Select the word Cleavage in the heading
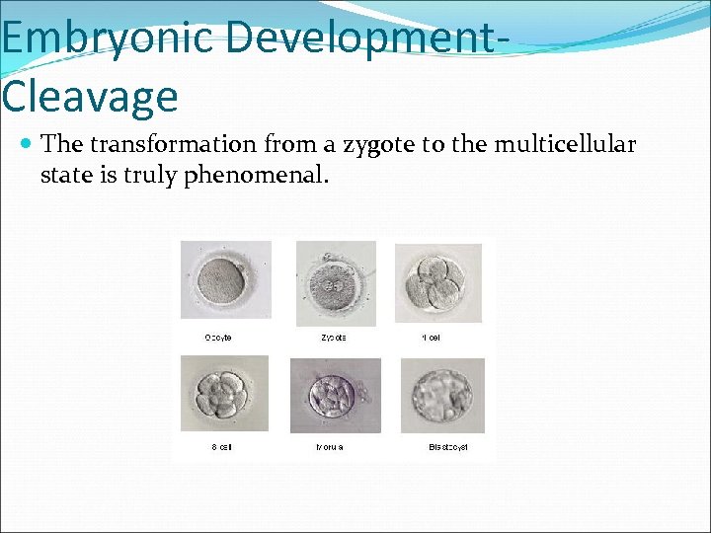click(90, 97)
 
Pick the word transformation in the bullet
click(172, 145)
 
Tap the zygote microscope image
click(336, 283)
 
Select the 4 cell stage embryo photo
click(438, 283)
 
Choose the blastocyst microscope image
click(442, 395)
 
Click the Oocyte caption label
click(218, 338)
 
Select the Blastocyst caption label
click(447, 447)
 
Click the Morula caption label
click(330, 447)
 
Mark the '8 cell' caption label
click(221, 447)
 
